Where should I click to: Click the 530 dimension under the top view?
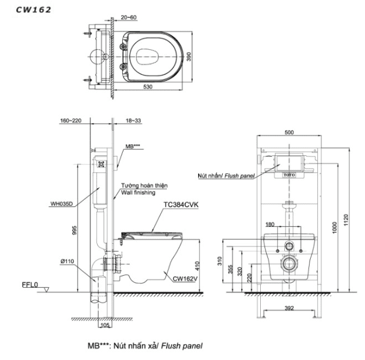click(148, 87)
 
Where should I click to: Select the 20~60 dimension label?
click(128, 17)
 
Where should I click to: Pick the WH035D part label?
click(61, 203)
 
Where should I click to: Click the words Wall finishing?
click(139, 193)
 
